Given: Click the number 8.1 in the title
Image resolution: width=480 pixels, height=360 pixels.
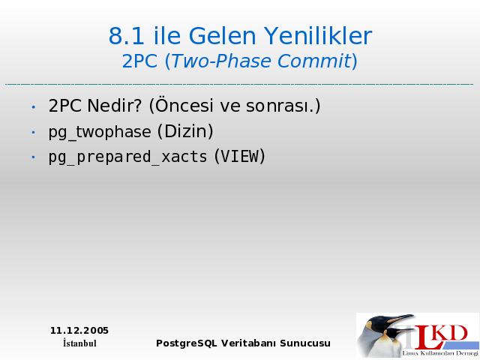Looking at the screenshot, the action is pos(126,36).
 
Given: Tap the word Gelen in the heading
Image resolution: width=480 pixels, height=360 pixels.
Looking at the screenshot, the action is pos(222,36).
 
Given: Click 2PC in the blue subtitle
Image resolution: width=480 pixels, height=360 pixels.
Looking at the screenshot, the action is pos(139,61).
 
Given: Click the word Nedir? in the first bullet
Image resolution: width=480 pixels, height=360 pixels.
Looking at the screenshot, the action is pos(115,106).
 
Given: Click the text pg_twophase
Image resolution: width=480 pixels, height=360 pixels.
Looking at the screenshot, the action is pos(100,132).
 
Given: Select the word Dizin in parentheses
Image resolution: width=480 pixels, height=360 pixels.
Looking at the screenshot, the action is pos(185,131).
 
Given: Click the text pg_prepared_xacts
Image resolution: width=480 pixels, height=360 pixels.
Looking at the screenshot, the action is pos(128,157).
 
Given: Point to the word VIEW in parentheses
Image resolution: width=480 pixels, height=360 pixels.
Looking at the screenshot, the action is pos(240,156).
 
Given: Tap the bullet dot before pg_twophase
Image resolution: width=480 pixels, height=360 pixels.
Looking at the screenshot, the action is pos(33,132).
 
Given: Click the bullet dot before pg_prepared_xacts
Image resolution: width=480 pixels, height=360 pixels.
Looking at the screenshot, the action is pos(33,157).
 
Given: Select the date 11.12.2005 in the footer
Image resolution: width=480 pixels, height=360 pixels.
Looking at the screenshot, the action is pos(79,331).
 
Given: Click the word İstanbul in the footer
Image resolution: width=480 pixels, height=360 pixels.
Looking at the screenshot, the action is pos(79,343).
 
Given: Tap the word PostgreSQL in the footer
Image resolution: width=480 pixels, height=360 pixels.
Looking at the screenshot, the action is pos(187,343).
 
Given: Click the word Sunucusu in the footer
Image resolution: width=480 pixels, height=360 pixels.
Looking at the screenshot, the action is pos(305,343).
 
